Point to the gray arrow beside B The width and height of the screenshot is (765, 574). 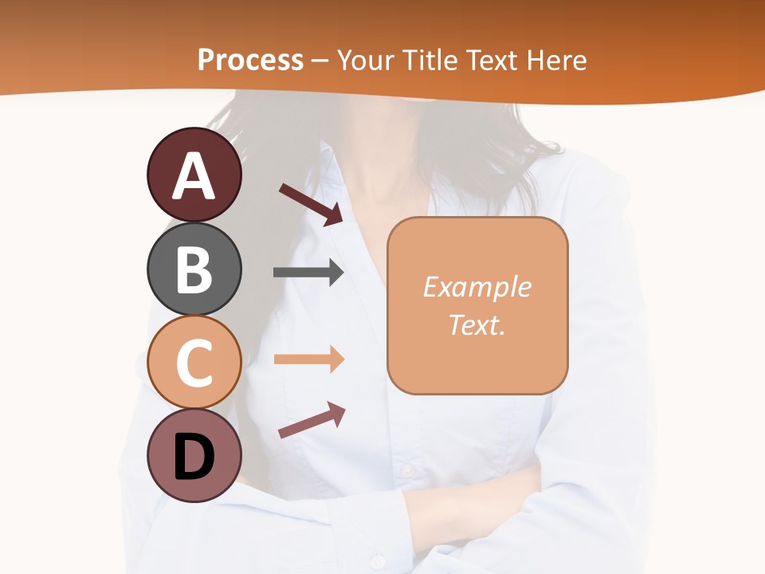click(x=308, y=273)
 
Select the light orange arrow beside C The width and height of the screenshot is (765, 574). click(x=308, y=360)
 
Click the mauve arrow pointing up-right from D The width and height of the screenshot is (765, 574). click(x=312, y=419)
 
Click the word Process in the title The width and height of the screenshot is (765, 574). click(x=250, y=60)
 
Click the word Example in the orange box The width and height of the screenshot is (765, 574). click(x=477, y=287)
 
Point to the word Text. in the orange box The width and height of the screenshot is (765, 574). click(x=477, y=324)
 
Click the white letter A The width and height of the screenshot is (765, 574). click(x=194, y=176)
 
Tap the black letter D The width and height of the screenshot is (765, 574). click(x=194, y=457)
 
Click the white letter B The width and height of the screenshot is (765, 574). click(x=194, y=269)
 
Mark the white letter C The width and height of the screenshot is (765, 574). click(x=194, y=364)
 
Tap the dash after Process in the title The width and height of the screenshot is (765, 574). click(x=320, y=61)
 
